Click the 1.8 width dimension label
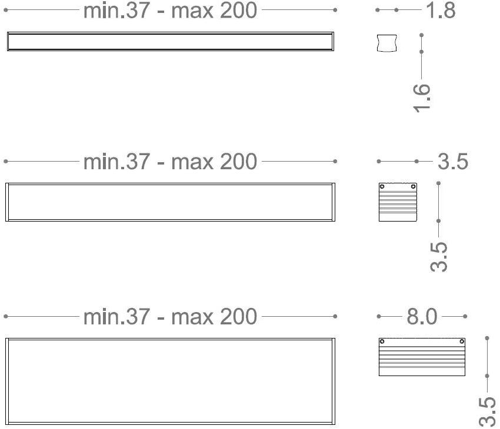point(441,10)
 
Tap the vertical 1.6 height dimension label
point(422,98)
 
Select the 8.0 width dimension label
point(422,317)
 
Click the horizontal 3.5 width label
point(453,162)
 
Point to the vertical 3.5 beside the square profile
point(439,257)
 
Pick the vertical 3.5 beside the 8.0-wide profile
point(487,411)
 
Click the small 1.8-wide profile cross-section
point(387,43)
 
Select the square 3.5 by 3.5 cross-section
point(398,202)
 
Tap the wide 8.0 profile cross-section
point(422,357)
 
